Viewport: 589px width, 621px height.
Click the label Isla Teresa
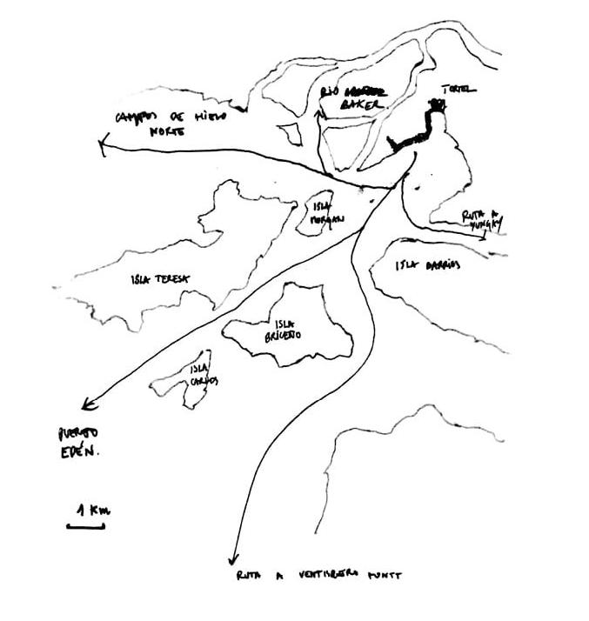pos(160,279)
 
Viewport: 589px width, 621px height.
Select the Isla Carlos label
pos(204,375)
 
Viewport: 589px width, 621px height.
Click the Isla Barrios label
pos(426,265)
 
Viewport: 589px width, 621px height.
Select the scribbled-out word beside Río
pos(365,90)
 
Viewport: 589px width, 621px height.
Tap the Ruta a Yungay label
pos(482,218)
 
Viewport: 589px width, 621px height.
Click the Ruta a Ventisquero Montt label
pos(319,575)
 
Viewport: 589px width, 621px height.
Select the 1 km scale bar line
pos(86,525)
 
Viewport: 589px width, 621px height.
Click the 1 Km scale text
pos(92,511)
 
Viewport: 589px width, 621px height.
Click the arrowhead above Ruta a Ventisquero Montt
pos(232,560)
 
